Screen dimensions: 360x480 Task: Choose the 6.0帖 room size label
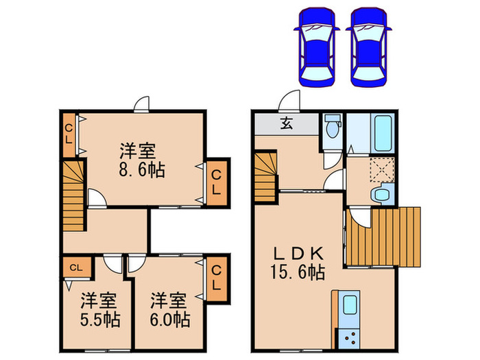pyautogui.click(x=169, y=310)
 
